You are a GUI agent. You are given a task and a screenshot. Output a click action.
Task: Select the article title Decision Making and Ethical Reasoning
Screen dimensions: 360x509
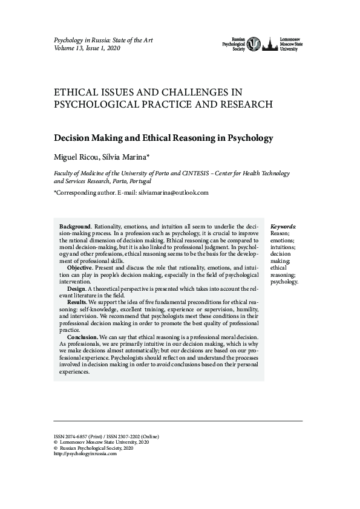[x=163, y=138]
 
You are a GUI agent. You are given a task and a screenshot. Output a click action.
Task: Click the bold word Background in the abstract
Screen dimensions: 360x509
[x=74, y=225]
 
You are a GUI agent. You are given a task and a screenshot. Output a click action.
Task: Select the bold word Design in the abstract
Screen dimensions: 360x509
[x=77, y=290]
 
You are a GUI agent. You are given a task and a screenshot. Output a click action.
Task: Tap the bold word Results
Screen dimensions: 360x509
[x=77, y=301]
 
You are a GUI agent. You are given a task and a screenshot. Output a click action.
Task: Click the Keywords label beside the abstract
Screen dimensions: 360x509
[x=283, y=225]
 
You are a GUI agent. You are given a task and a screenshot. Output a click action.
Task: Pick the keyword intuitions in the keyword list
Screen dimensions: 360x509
[x=283, y=247]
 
